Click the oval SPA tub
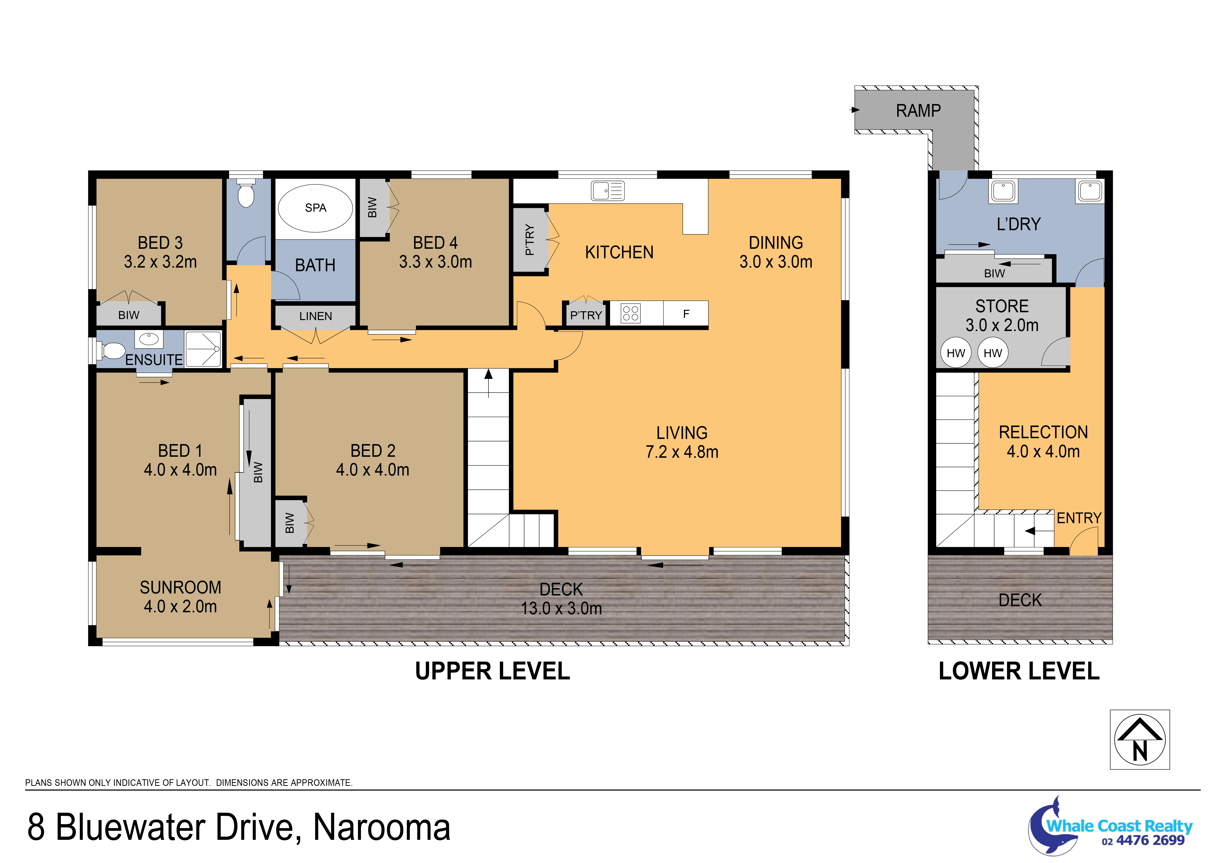tap(315, 208)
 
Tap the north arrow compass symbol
tap(1140, 739)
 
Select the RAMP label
tap(918, 111)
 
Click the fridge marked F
tap(686, 314)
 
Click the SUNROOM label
tap(180, 588)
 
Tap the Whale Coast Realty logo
tap(1110, 826)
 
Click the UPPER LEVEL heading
tap(493, 671)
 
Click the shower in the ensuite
tap(203, 349)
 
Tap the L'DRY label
tap(1018, 224)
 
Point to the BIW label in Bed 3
tap(129, 315)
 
